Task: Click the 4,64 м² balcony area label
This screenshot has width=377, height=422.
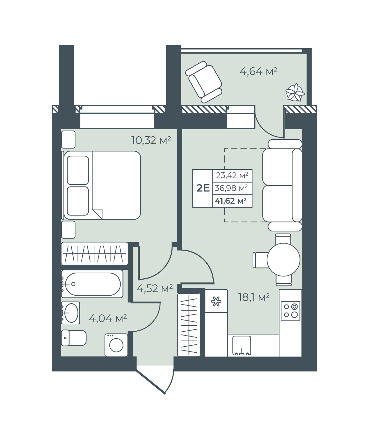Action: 258,72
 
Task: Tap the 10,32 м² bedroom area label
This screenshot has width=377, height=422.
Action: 151,140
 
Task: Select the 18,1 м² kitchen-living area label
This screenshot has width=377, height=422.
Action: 254,297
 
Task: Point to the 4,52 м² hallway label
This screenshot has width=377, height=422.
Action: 155,289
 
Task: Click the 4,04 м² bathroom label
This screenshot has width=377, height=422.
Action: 108,318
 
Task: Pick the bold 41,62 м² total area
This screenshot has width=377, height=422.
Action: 231,201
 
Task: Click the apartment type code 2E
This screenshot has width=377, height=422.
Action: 203,188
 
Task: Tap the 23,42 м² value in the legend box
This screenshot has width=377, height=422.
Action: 232,175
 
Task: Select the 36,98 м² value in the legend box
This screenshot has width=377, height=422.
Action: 231,188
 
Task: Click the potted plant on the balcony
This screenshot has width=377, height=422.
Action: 295,92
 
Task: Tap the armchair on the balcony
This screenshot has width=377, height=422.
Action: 203,82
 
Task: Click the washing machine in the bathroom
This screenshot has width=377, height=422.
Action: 116,345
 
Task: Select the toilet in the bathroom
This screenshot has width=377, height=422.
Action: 74,338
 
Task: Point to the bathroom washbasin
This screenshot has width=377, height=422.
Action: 70,313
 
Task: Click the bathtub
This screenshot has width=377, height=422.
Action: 92,284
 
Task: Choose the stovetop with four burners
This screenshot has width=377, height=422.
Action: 290,311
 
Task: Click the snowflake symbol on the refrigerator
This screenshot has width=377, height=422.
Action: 216,301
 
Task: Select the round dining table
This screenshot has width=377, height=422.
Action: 284,260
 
